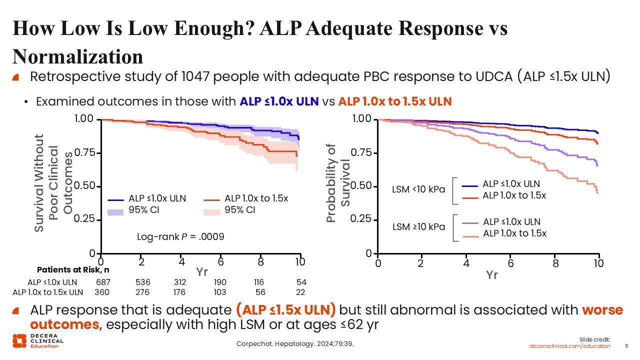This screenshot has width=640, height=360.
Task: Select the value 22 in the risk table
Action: pos(300,292)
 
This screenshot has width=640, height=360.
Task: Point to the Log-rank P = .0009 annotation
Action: pos(180,236)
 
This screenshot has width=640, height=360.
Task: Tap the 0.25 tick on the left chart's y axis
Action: pos(85,219)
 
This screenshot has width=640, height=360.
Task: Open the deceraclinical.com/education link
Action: pos(570,346)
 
